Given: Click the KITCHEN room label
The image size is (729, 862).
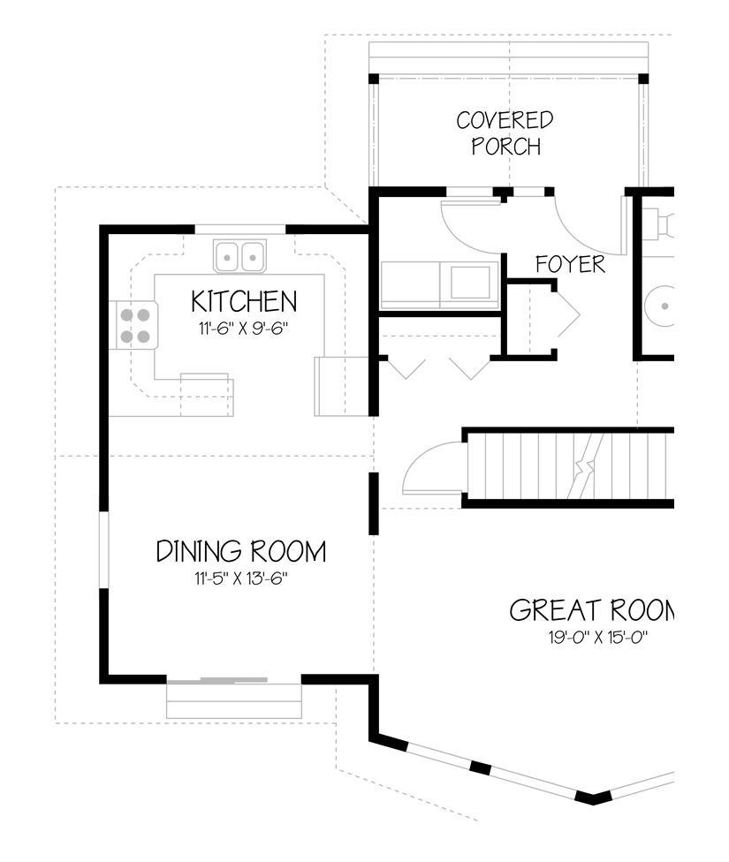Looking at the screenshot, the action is [x=244, y=301].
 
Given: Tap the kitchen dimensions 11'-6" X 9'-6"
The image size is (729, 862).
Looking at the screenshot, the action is [x=243, y=329].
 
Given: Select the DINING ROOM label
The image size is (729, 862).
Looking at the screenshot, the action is [x=241, y=551].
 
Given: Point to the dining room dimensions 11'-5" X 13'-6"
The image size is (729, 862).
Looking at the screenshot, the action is [x=241, y=578].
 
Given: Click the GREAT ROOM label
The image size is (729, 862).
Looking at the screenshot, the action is [x=592, y=610].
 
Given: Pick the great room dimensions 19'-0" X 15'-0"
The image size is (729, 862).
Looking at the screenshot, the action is [x=598, y=638].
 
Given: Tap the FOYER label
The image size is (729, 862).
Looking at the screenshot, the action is [x=570, y=264].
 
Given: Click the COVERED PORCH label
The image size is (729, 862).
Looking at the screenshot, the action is [x=505, y=133].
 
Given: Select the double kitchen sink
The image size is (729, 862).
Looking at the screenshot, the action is [x=239, y=256].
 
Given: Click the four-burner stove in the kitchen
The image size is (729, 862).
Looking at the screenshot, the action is [x=133, y=325].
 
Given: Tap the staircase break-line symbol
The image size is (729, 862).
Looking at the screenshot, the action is [x=587, y=465].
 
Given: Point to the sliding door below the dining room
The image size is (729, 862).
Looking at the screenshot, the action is [x=234, y=681].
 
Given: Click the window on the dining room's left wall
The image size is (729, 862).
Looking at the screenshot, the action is [x=103, y=549].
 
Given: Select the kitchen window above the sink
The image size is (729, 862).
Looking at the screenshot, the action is [x=240, y=230].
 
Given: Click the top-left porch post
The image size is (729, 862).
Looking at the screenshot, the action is [x=374, y=78].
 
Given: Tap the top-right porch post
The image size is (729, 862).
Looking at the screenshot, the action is [x=643, y=78].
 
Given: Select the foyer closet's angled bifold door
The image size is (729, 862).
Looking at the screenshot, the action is [x=568, y=315].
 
